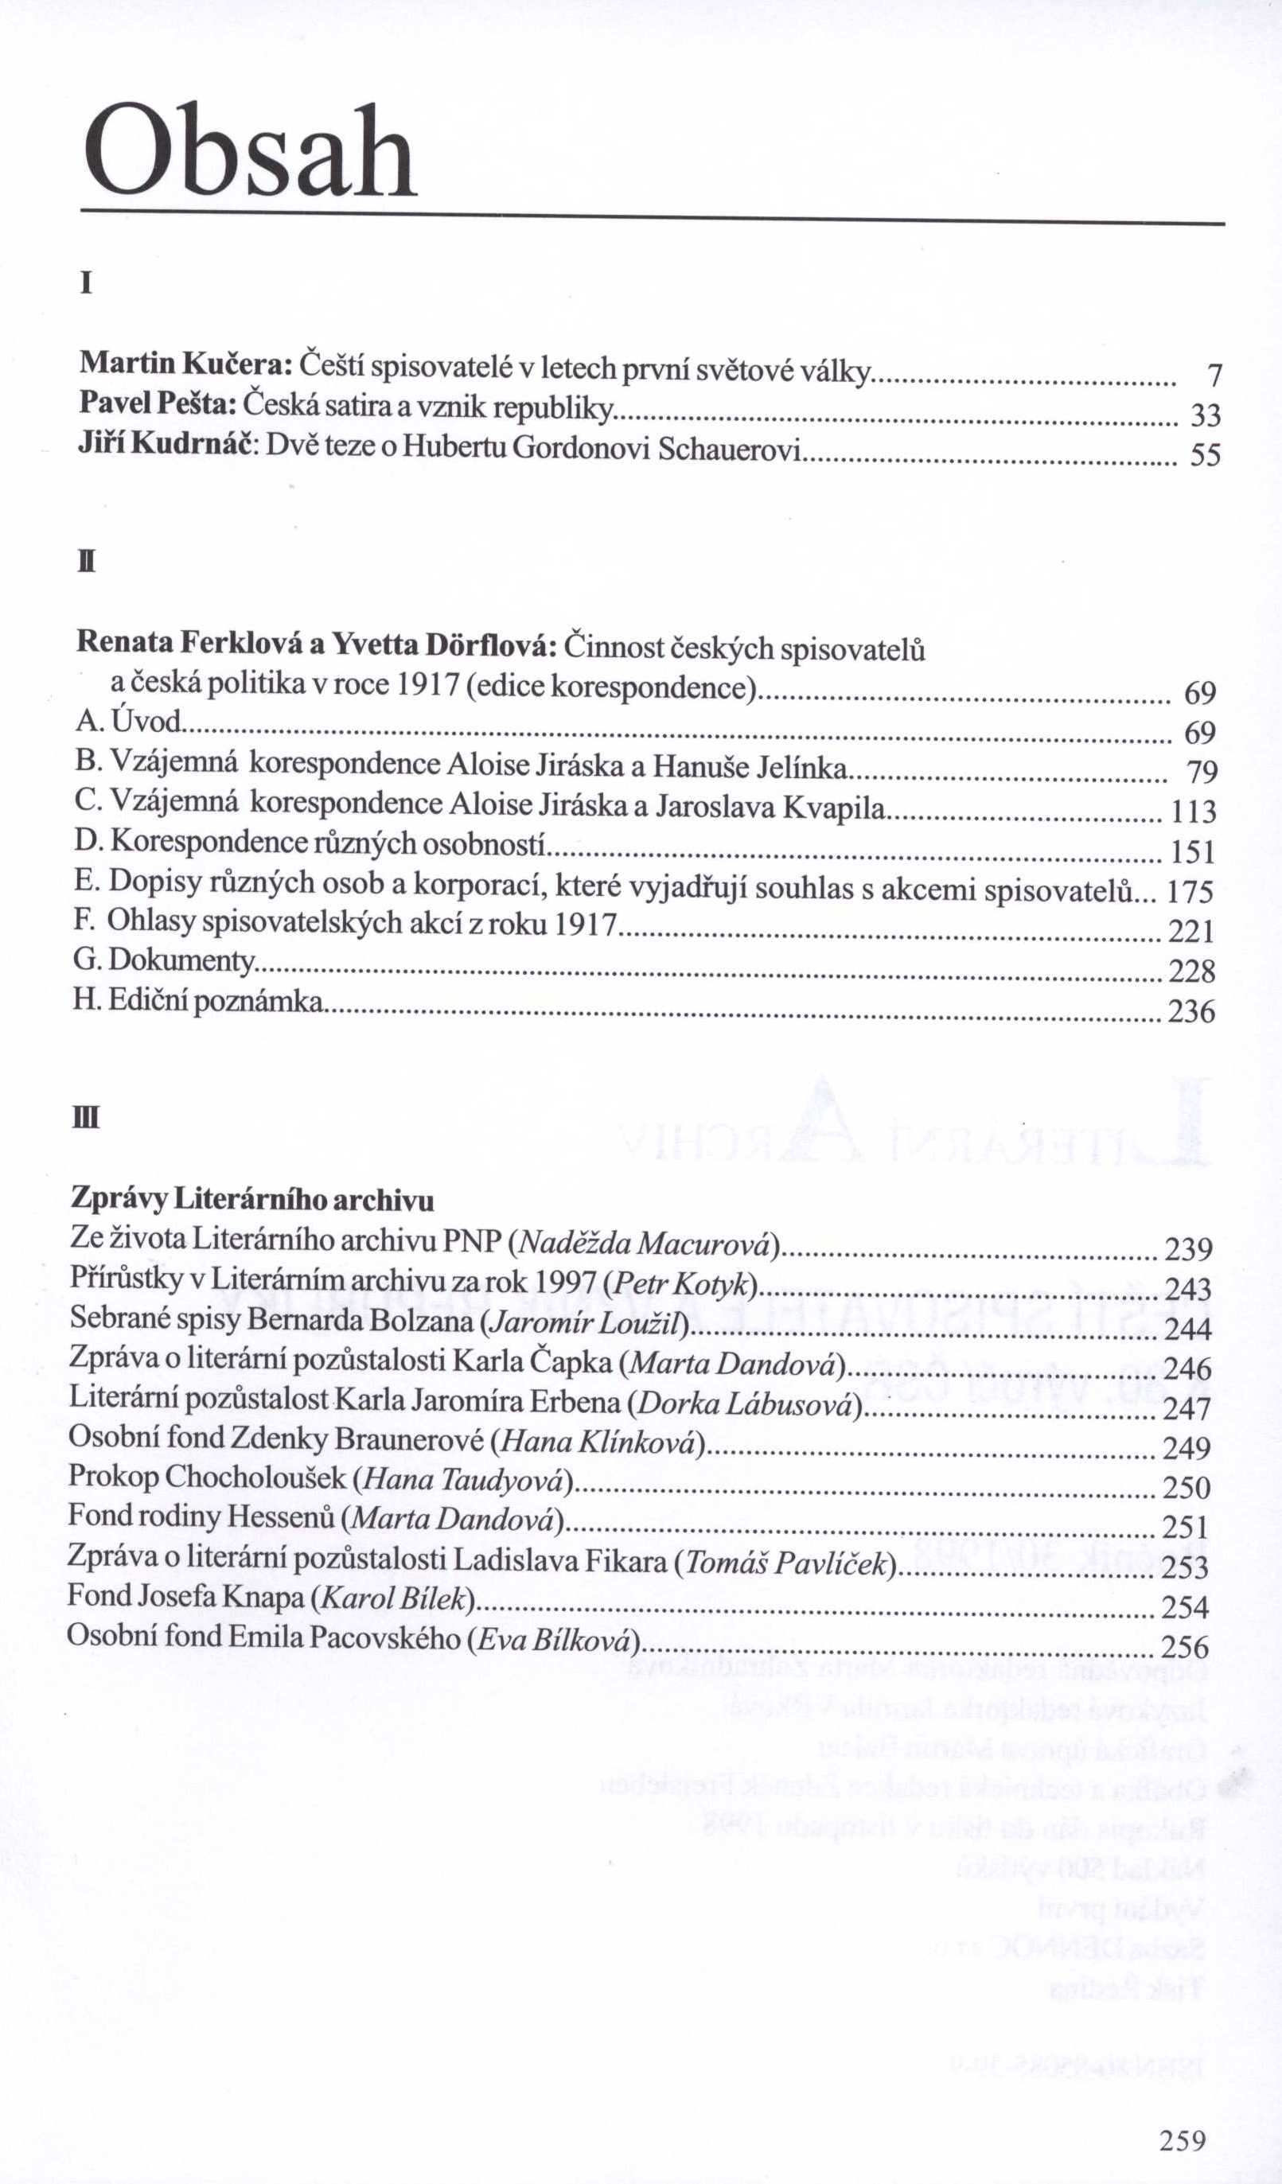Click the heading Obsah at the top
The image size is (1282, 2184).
[251, 153]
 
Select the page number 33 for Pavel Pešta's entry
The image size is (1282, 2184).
[1205, 417]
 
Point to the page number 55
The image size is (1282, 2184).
[1205, 456]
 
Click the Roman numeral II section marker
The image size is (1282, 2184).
[86, 564]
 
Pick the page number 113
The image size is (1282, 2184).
[1193, 812]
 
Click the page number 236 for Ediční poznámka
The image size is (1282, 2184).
[1191, 1012]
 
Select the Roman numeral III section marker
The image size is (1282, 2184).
[87, 1119]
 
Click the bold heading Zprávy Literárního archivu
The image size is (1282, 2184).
[251, 1200]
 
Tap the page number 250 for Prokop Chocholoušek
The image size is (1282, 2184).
[1186, 1488]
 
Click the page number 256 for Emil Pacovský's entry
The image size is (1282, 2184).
[1184, 1647]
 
